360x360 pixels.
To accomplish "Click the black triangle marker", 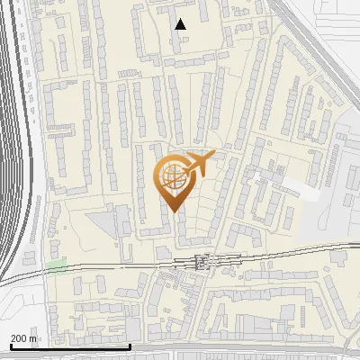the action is click(181, 24).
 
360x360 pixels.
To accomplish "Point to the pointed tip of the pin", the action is click(173, 211).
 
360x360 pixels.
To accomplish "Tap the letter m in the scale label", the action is click(34, 338).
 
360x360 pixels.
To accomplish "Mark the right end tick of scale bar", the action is click(130, 345).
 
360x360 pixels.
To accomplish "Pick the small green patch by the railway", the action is click(58, 265).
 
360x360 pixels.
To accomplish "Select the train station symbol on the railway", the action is click(202, 262).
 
